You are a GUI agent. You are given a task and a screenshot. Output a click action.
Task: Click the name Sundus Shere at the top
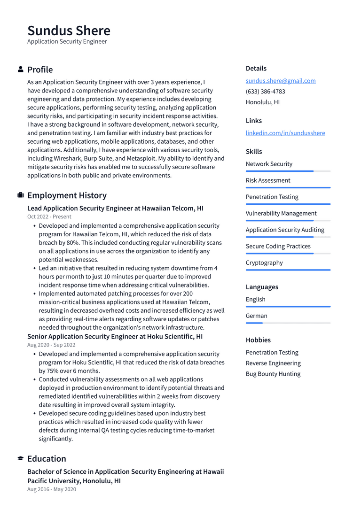click(x=69, y=31)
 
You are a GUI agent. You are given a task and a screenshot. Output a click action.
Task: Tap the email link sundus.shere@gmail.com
click(x=281, y=81)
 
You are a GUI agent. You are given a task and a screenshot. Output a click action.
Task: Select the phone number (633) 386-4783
click(x=265, y=92)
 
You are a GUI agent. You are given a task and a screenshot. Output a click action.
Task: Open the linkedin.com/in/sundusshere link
click(x=285, y=133)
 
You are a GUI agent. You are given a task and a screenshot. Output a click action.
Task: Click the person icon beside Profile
click(x=21, y=70)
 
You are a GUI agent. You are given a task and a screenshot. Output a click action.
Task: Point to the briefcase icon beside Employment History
click(x=21, y=195)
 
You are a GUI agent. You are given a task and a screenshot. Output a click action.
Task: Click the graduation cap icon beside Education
click(x=21, y=459)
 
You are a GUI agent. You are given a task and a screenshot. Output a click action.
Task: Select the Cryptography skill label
click(x=264, y=263)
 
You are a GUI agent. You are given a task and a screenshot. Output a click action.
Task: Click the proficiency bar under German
click(x=288, y=323)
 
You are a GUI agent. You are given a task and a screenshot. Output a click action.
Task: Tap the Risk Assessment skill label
click(x=268, y=181)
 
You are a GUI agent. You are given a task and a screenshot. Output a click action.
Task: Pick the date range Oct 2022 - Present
click(x=49, y=217)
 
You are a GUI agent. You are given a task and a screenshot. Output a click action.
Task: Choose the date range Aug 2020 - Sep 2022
click(x=51, y=345)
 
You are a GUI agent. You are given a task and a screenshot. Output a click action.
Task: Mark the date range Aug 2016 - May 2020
click(x=52, y=489)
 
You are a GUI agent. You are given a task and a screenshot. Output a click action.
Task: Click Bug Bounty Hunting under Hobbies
click(x=273, y=374)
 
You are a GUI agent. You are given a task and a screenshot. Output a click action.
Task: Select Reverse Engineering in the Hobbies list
click(x=273, y=363)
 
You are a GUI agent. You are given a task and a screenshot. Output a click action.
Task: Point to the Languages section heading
click(x=262, y=287)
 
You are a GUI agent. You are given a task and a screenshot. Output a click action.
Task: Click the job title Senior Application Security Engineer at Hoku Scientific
click(x=115, y=337)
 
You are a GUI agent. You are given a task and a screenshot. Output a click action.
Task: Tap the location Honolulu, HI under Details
click(x=262, y=102)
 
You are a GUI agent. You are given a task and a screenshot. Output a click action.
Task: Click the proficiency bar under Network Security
click(x=288, y=171)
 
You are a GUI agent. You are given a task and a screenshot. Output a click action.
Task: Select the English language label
click(x=256, y=300)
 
